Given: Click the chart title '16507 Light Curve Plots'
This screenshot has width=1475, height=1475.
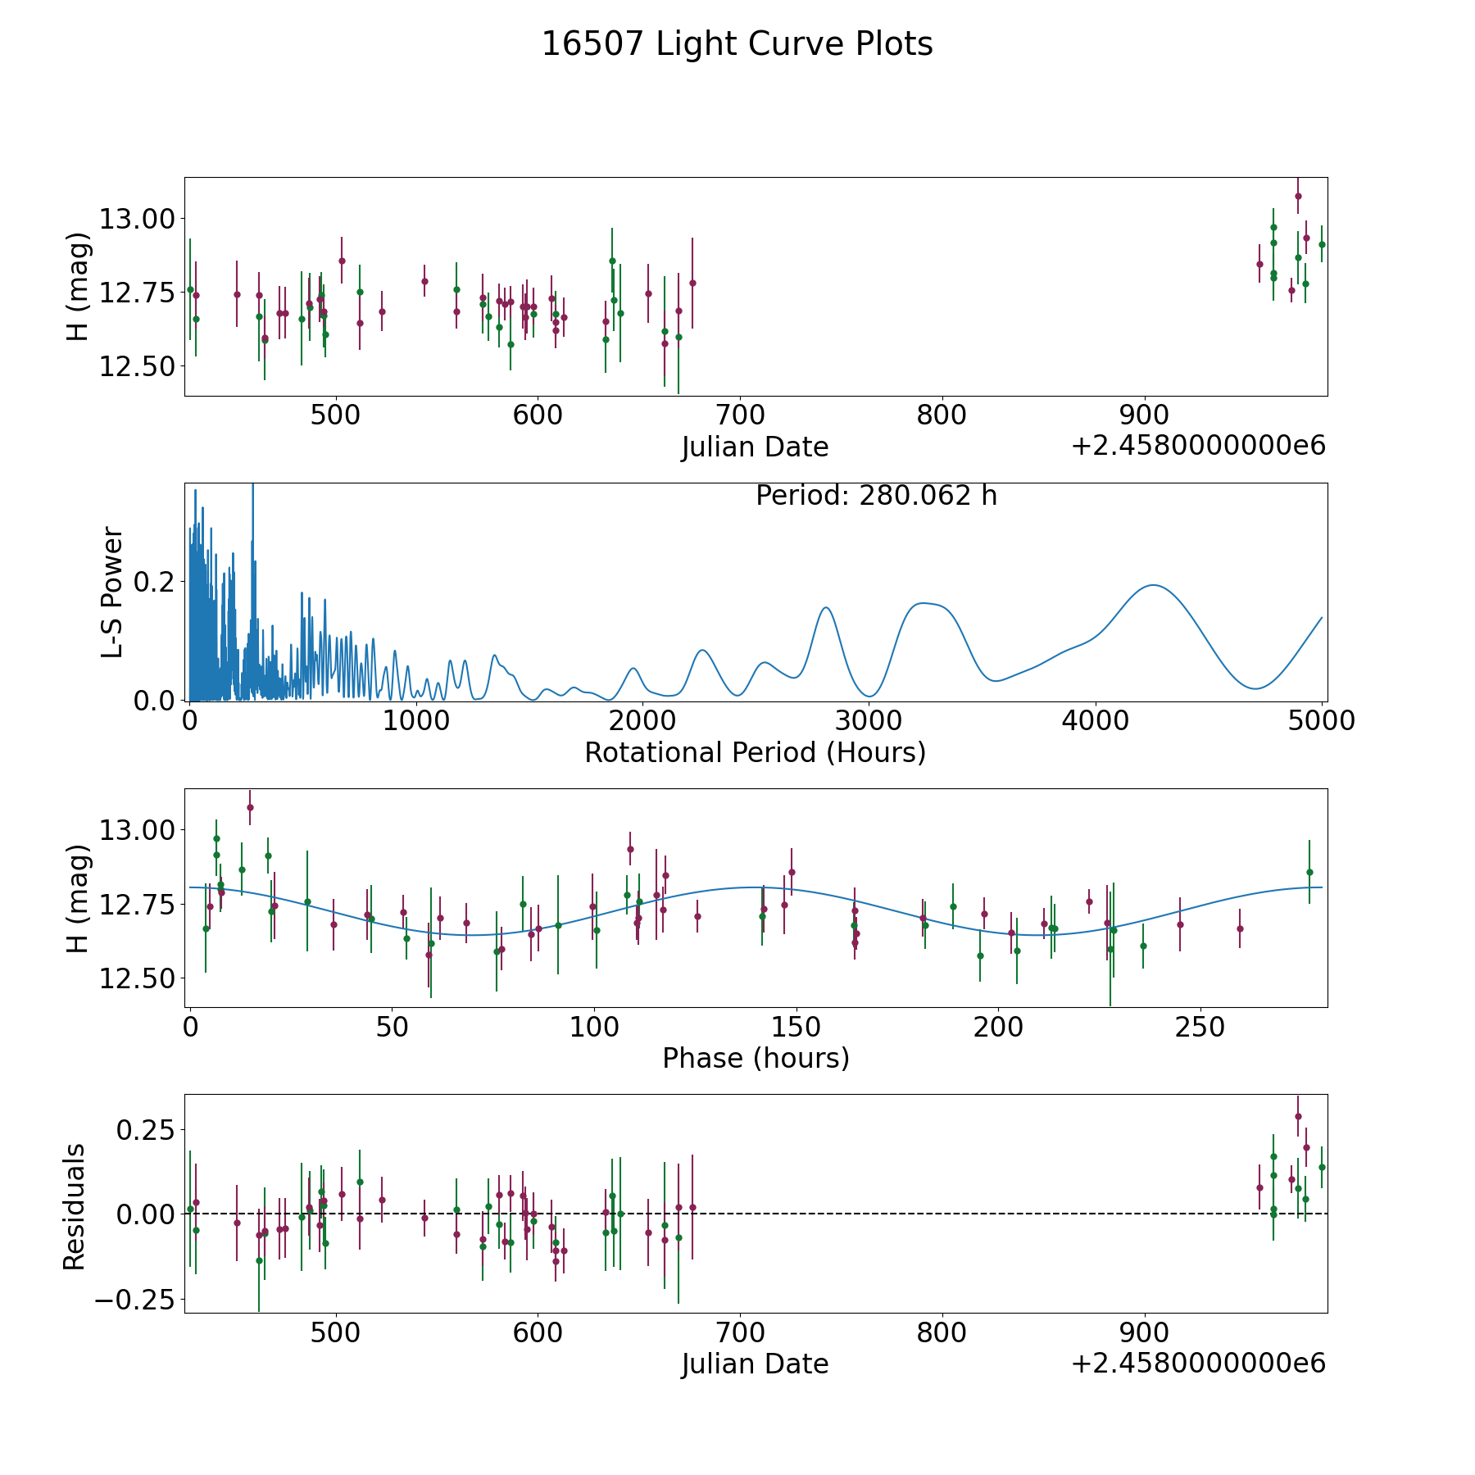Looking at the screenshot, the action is tap(737, 44).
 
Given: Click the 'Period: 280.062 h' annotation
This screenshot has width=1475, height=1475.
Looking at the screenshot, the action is tap(876, 496).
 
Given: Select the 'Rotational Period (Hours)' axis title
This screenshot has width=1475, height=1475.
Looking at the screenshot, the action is tap(755, 752).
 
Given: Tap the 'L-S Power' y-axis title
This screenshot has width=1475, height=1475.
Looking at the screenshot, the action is tap(112, 592).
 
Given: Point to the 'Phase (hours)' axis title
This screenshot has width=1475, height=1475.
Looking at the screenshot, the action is tap(756, 1058).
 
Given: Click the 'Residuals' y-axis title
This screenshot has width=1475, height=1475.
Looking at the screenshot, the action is tap(75, 1207).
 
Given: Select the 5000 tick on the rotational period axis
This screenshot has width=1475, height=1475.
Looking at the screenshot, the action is tap(1322, 720).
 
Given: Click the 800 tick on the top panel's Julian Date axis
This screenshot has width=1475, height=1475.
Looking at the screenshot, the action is tap(942, 415).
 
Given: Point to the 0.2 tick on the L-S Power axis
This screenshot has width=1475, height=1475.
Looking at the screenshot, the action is tap(156, 581).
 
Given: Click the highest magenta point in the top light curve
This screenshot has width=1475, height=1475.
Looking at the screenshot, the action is tap(1298, 196).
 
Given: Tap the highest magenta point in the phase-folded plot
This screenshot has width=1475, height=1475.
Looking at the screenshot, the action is tap(250, 807).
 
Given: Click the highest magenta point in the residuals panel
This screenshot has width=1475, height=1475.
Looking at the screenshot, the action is tap(1298, 1116).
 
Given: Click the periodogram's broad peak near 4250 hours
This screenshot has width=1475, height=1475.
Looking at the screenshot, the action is tap(1153, 585).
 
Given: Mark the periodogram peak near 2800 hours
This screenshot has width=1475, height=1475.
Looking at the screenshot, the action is tap(825, 607).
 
